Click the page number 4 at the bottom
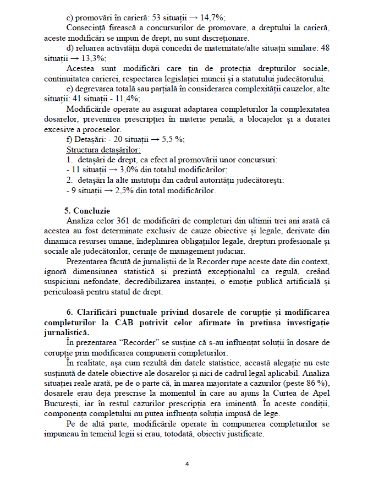[187, 464]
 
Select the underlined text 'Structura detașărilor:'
[103, 149]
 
